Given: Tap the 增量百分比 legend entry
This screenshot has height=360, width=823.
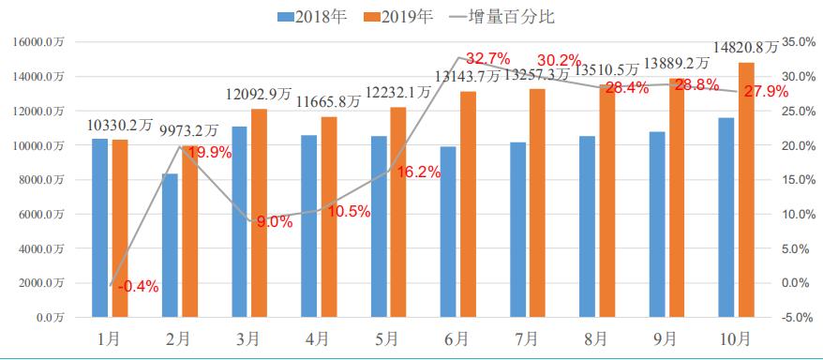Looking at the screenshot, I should pos(502,16).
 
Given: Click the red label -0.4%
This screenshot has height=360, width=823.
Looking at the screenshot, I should pos(139,287).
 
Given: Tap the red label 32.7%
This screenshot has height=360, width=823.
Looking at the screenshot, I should pos(487,58).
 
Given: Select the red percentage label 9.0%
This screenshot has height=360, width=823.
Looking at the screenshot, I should pos(275,222).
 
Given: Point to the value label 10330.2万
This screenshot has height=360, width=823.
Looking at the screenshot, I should pos(120,125).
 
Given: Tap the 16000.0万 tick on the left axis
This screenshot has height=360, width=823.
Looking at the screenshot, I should pos(38,42).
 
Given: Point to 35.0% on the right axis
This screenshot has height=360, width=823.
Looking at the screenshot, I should pos(800,42).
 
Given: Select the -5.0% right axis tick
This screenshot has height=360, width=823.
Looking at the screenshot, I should pos(800,317).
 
